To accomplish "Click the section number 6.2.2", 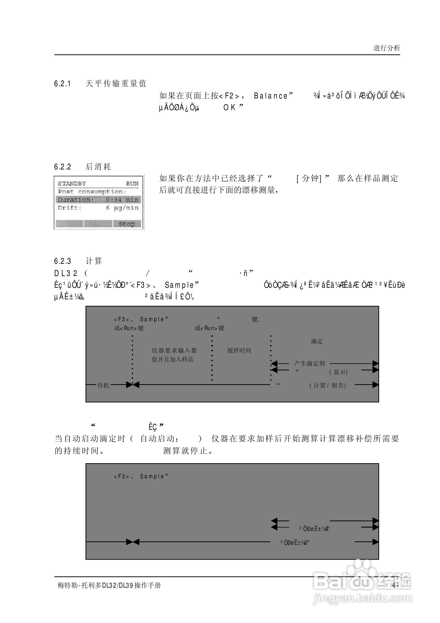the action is [63, 167].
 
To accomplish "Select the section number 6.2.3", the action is [63, 261].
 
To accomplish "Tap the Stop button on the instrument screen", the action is [127, 224].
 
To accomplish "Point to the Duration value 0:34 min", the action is [122, 200].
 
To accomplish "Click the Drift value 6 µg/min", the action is [122, 208].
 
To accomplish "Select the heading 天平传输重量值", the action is [116, 84].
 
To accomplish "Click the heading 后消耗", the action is [98, 167].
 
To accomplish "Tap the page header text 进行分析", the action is [387, 48].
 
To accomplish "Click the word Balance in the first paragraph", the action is [270, 96].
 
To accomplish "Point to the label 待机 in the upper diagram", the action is [103, 385].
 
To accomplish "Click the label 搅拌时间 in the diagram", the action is [239, 351].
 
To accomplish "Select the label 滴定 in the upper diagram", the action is [317, 341].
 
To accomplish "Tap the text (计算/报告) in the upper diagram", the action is [328, 385].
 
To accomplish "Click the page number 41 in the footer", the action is [395, 585].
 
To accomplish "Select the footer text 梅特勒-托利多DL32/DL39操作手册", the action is [109, 585].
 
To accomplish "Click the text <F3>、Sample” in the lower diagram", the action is [141, 476].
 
